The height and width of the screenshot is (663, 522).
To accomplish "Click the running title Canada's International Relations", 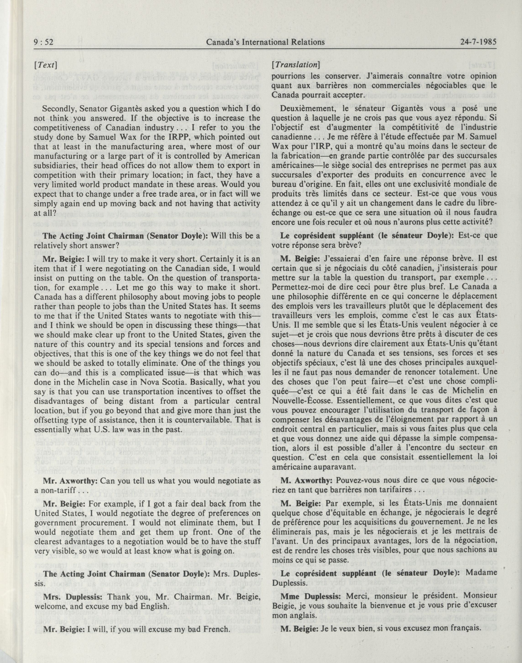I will click(x=265, y=42).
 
